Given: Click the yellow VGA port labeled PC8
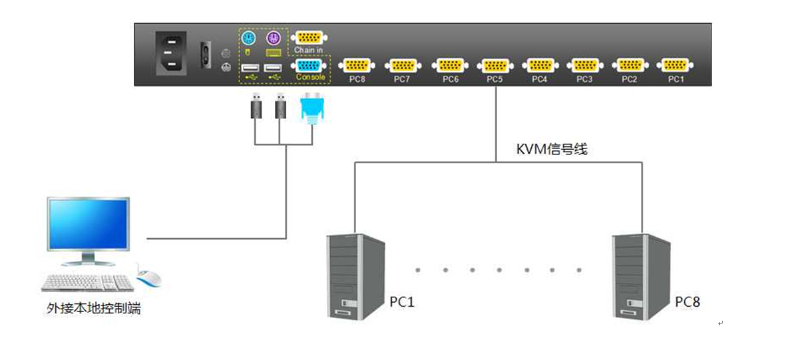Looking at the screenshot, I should [x=356, y=65].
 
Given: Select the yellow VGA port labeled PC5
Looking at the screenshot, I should [x=495, y=65].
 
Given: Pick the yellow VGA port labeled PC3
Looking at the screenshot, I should [x=584, y=65].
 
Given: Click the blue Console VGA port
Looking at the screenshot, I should [x=309, y=66].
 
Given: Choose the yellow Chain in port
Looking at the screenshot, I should [x=309, y=38].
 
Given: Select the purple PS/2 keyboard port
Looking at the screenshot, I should [x=272, y=38].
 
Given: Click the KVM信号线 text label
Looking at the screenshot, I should [x=552, y=149].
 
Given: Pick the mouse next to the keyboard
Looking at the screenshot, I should [x=150, y=277].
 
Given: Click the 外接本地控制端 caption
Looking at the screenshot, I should [x=94, y=309].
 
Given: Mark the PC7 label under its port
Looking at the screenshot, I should [x=401, y=79].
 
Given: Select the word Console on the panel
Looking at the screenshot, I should [x=311, y=78].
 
